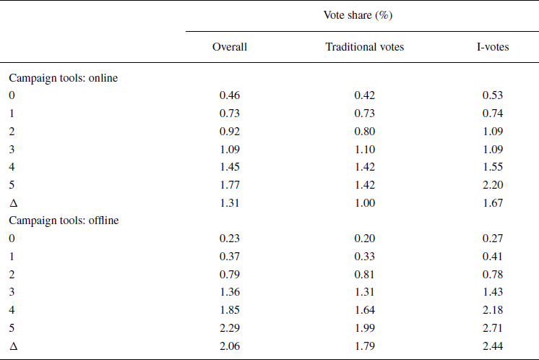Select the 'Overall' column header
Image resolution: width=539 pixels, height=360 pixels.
(230, 47)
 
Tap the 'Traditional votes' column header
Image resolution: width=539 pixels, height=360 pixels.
(365, 47)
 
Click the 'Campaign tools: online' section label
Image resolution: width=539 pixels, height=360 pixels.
(63, 78)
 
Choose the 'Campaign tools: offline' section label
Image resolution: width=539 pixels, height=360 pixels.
(64, 220)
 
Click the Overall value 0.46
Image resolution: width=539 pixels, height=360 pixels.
(230, 95)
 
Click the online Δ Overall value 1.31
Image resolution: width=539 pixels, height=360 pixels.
(230, 204)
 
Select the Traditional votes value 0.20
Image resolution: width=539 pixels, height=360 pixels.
(365, 238)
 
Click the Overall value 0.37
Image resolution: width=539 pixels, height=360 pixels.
(230, 256)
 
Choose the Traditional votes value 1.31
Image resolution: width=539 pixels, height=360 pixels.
(365, 293)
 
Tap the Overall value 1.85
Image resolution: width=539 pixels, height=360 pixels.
(230, 311)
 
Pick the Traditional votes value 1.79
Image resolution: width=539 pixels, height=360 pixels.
(365, 346)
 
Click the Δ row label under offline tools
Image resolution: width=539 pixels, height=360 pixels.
(12, 346)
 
